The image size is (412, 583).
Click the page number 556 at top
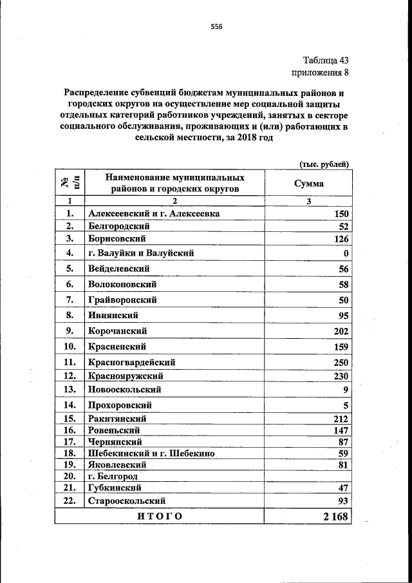[x=216, y=26]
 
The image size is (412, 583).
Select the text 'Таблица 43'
[x=325, y=61]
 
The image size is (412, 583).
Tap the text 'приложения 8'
[x=321, y=73]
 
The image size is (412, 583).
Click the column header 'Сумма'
[x=309, y=184]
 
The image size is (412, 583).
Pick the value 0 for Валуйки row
[x=346, y=253]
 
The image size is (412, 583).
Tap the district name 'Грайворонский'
[x=122, y=300]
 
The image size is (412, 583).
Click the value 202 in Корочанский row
[x=341, y=331]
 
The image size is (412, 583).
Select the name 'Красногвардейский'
[x=131, y=363]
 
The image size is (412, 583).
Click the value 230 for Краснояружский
[x=341, y=376]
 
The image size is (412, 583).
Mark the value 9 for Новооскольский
[x=346, y=390]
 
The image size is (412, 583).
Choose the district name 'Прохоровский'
[x=120, y=405]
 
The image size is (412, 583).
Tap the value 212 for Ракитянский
[x=341, y=419]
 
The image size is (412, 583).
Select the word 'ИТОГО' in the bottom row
[x=160, y=516]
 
